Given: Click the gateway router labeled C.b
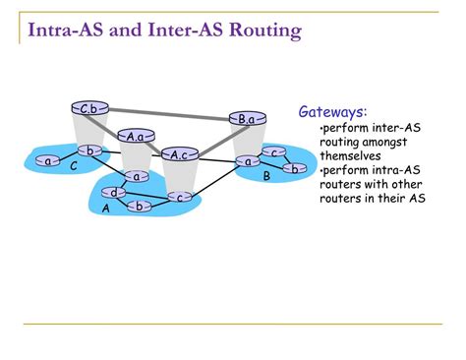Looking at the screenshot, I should [87, 108].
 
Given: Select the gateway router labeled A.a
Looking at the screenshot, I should [136, 137].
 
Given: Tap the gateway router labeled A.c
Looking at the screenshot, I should [178, 154].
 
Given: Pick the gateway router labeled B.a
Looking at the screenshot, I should [246, 119].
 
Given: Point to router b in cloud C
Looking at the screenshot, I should [90, 150].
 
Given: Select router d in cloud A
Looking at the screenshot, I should [114, 192].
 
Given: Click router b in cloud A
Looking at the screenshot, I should [140, 206].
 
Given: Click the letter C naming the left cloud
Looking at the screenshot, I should [74, 167].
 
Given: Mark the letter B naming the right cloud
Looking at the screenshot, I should [265, 177].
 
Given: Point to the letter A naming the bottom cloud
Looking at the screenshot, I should [106, 210].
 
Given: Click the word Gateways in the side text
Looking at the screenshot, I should [332, 113].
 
